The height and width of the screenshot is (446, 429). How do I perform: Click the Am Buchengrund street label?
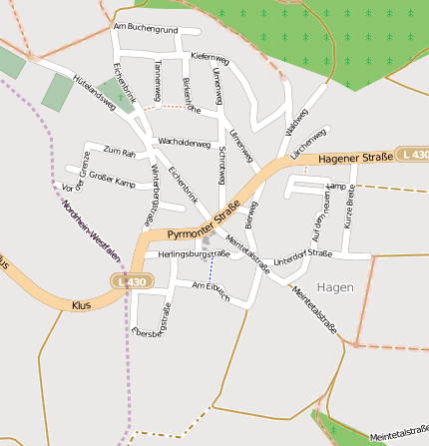[146, 29]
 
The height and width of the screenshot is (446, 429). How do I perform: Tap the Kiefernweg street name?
[209, 57]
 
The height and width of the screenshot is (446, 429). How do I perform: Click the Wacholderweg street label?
[185, 144]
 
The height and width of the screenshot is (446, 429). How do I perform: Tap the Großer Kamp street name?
[111, 182]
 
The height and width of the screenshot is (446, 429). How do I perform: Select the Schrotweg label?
[220, 165]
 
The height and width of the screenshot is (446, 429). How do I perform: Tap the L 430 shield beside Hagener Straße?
[412, 155]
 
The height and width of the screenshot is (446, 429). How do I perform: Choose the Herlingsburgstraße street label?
[194, 254]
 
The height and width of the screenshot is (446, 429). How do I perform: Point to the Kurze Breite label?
[349, 209]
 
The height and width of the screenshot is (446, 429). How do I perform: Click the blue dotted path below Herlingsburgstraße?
[211, 270]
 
